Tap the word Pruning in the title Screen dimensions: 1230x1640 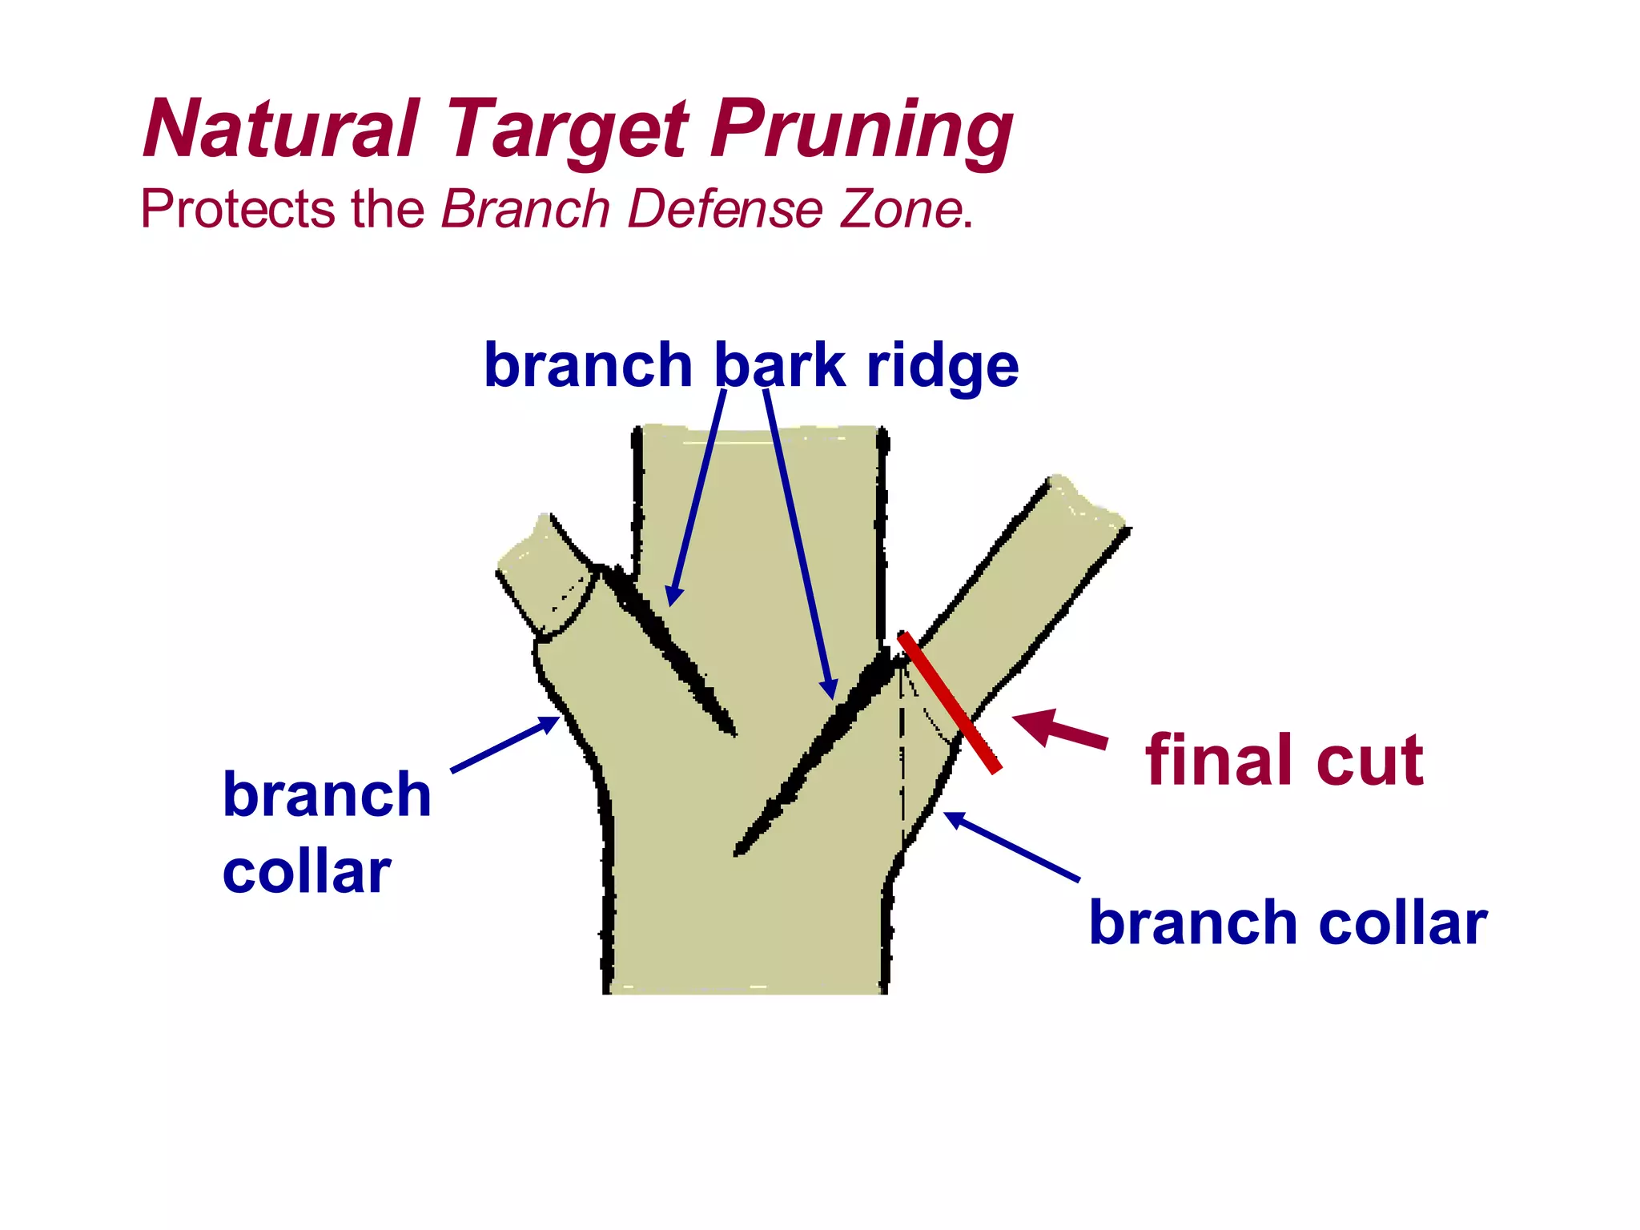click(862, 130)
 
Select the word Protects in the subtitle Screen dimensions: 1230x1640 click(237, 210)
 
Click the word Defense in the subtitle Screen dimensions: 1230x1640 click(725, 210)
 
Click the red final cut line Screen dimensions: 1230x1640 click(950, 702)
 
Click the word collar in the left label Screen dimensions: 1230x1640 click(307, 872)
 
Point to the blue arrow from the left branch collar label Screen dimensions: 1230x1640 click(505, 744)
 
